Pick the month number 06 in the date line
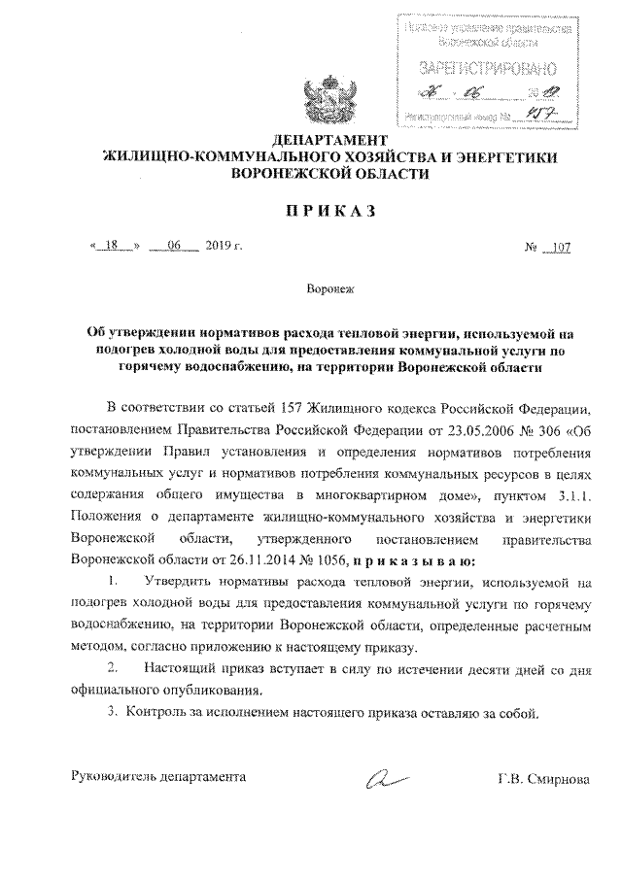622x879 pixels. point(175,247)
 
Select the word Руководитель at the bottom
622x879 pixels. point(114,777)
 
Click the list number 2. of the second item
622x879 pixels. point(114,669)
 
